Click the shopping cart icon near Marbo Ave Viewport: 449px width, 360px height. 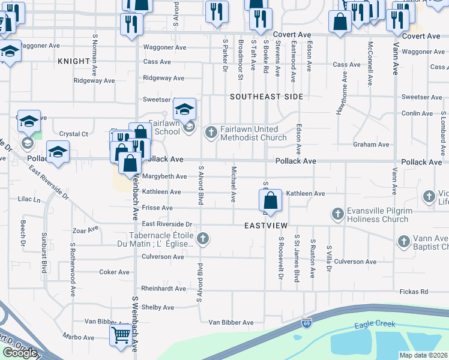coord(121,335)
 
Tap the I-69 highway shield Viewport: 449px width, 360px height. coord(307,323)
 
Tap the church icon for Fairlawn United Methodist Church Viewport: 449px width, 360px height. coord(211,132)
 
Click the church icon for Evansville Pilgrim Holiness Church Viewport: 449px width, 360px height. coord(338,214)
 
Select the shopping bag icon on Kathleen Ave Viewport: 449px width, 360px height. coord(271,200)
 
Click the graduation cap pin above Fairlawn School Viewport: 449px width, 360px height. coord(184,109)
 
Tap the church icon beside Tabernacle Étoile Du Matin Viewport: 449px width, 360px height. coord(203,239)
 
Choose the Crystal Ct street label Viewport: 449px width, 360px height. coord(74,134)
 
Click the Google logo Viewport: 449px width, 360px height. coord(20,352)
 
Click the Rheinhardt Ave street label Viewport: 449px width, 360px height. coord(163,289)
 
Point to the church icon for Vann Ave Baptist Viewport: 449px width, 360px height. coord(403,241)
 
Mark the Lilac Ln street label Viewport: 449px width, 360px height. coord(29,199)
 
